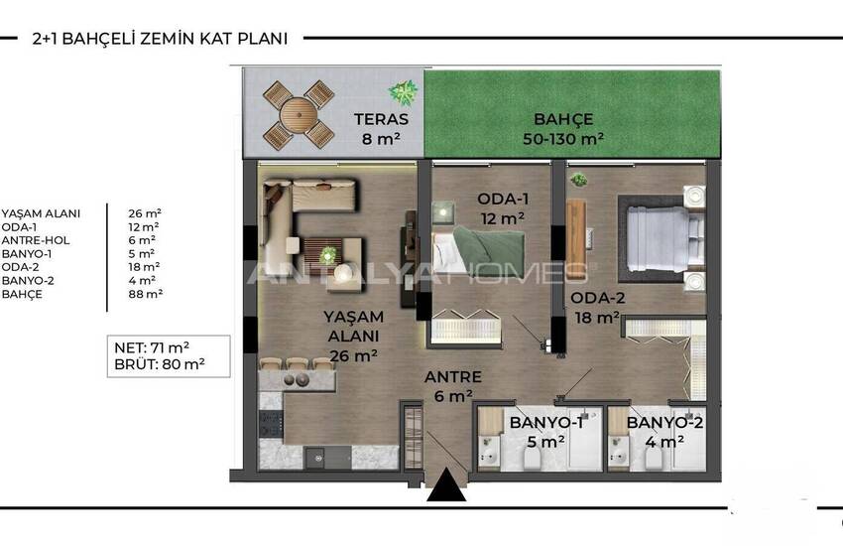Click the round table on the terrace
[x=299, y=115]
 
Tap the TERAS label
[x=381, y=119]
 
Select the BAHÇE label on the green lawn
[x=563, y=119]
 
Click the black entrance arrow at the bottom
[x=446, y=484]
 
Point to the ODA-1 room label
[x=503, y=199]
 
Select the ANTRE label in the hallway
[x=452, y=377]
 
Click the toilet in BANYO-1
[x=535, y=459]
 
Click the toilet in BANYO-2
[x=654, y=459]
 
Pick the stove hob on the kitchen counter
[x=271, y=424]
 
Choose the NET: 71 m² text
[x=152, y=347]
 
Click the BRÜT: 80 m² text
[x=160, y=364]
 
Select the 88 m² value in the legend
[x=145, y=294]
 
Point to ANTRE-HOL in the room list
[x=36, y=240]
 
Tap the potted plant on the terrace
[x=403, y=92]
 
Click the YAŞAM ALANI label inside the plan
[x=353, y=327]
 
